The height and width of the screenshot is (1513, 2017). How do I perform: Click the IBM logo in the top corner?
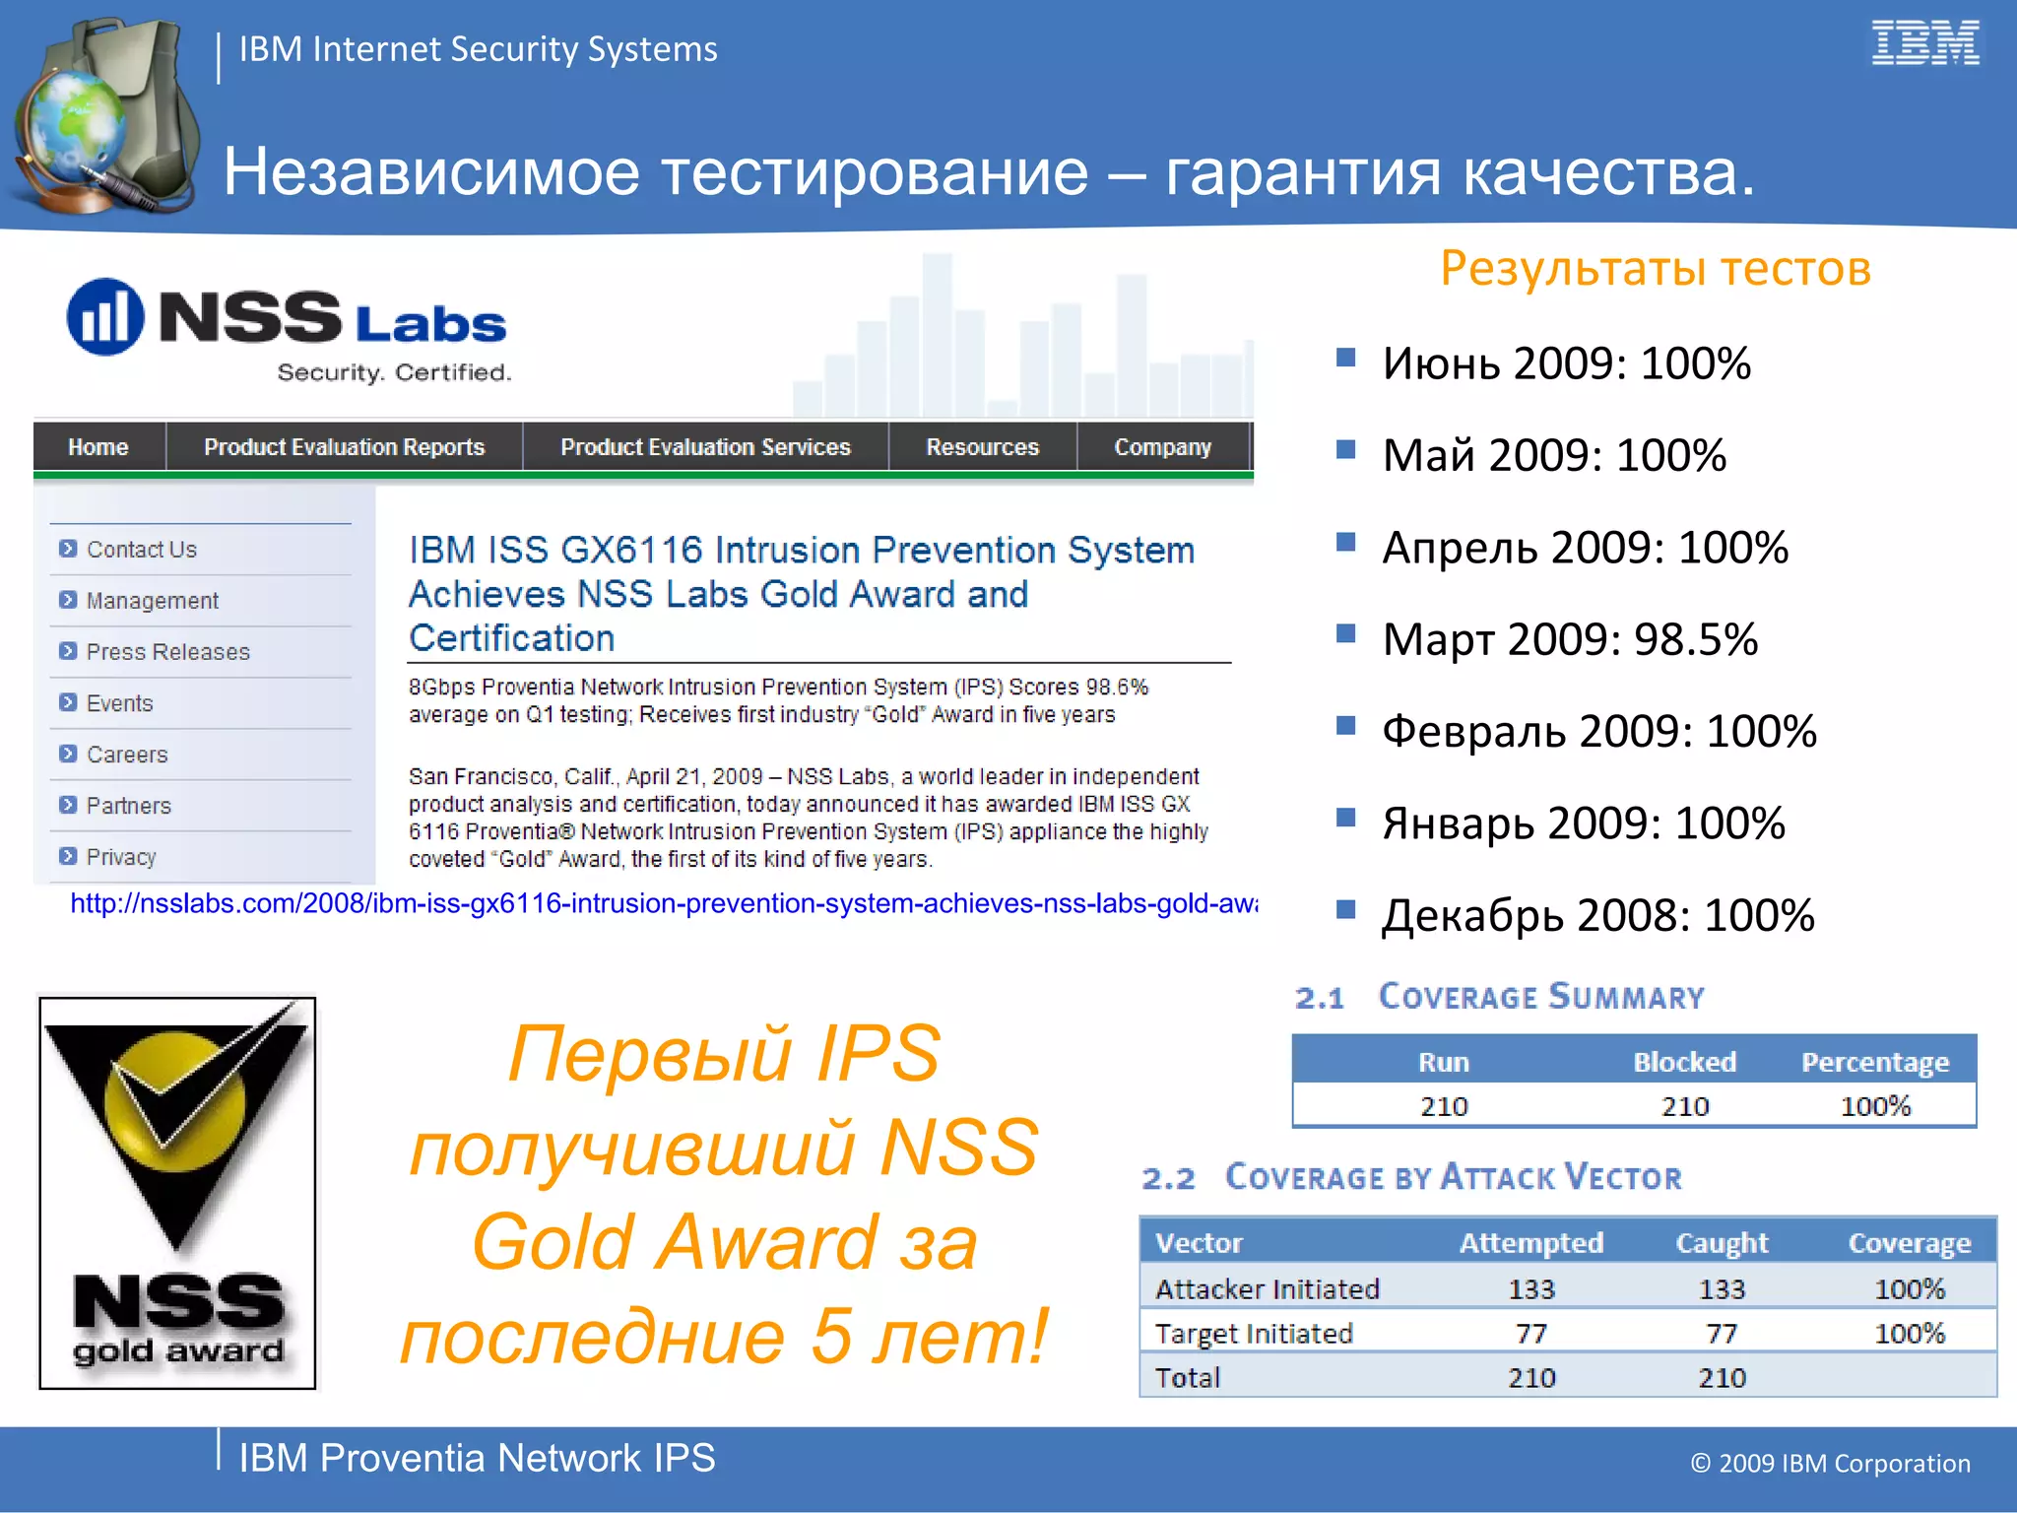tap(1924, 43)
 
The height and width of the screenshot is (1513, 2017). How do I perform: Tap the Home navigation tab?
tap(98, 447)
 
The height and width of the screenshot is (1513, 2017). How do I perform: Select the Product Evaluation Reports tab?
tap(344, 447)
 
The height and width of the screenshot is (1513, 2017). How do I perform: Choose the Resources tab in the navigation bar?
tap(982, 447)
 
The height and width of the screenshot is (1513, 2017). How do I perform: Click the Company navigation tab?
tap(1162, 447)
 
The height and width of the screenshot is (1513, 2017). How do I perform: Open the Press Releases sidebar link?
tap(167, 652)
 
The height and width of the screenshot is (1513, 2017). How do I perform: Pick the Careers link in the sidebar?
tap(127, 755)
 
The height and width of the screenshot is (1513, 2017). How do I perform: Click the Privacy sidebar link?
tap(121, 857)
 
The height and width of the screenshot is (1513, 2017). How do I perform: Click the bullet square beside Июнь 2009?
tap(1345, 358)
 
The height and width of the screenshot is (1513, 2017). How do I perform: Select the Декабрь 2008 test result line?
tap(1596, 915)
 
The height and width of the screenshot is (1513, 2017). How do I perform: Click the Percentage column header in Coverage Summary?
tap(1874, 1062)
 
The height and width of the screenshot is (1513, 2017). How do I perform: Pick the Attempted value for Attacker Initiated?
tap(1530, 1288)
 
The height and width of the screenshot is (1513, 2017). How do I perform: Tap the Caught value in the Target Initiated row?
tap(1721, 1333)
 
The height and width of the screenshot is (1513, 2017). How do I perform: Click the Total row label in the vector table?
tap(1188, 1377)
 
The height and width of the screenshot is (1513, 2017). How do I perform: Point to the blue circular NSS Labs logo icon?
tap(104, 317)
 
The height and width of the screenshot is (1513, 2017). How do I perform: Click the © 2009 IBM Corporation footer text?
tap(1830, 1463)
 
